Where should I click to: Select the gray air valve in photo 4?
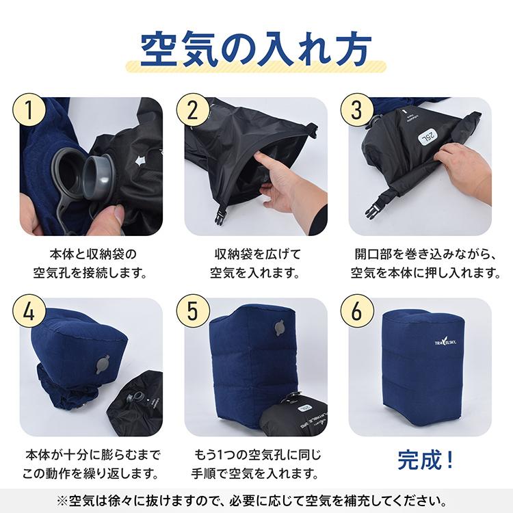(x=105, y=362)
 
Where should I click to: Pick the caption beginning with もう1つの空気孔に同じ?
(x=256, y=463)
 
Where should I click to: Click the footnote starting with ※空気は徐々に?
(x=256, y=497)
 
